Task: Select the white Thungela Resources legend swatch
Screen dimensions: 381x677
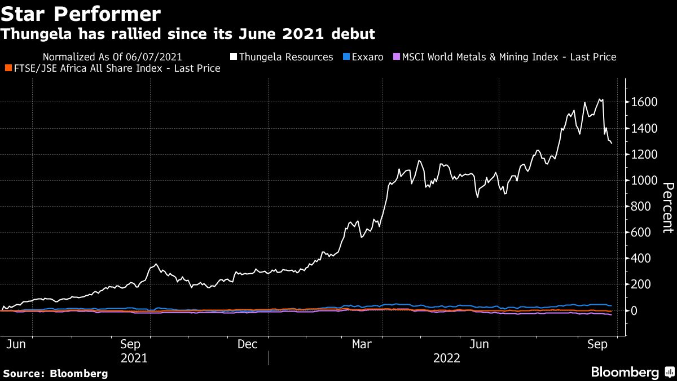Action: pos(233,57)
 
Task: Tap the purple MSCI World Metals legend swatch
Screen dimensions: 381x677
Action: pos(396,57)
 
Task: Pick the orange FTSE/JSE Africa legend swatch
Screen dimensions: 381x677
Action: pos(8,68)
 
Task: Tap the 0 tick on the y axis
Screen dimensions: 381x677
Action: pos(634,310)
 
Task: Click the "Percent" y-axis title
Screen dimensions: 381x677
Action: pos(667,207)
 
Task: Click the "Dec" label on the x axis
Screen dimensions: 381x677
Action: pos(248,344)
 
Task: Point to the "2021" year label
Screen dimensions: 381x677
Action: pos(134,358)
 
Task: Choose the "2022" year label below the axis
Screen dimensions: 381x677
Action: pos(446,358)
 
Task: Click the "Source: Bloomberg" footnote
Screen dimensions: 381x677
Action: pos(55,373)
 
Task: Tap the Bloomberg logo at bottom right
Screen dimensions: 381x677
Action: pos(625,372)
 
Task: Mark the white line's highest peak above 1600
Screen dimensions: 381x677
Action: pos(599,99)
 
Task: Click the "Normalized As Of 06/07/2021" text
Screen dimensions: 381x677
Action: pos(112,57)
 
